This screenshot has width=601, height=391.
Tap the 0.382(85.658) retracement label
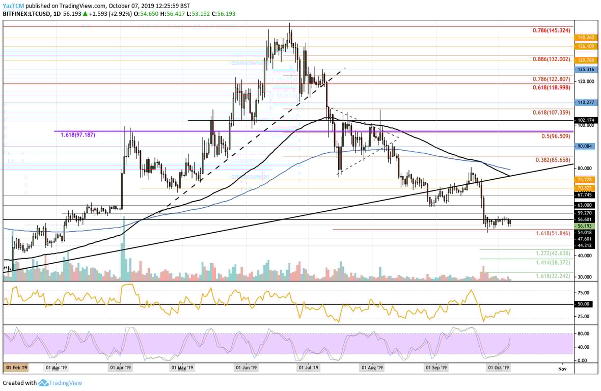point(553,159)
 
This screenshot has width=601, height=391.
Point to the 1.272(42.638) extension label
point(553,253)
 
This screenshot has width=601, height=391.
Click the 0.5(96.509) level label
point(556,137)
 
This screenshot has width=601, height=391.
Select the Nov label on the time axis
point(561,367)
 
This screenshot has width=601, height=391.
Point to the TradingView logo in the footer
point(61,383)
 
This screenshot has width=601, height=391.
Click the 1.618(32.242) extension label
point(553,275)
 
